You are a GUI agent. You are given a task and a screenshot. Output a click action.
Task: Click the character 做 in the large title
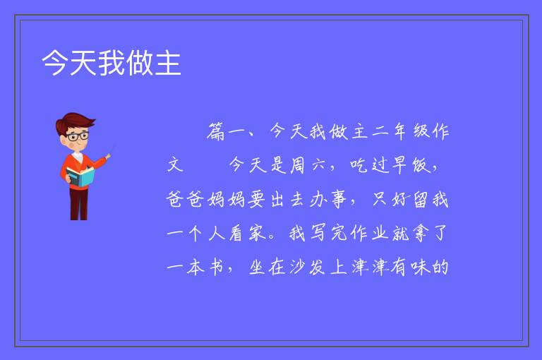click(x=140, y=64)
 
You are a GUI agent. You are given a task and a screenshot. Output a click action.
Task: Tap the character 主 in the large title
click(x=168, y=64)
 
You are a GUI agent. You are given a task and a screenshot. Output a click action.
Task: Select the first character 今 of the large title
click(x=54, y=64)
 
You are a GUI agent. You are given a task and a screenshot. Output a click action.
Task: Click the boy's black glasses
click(x=78, y=136)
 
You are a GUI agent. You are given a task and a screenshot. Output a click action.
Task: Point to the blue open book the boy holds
click(x=80, y=176)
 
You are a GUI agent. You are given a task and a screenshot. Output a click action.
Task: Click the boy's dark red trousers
click(x=78, y=203)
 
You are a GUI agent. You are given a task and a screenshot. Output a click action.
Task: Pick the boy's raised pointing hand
click(x=108, y=157)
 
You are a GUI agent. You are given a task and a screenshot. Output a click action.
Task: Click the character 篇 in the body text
click(x=216, y=132)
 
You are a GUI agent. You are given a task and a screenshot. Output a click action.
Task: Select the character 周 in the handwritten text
click(x=296, y=165)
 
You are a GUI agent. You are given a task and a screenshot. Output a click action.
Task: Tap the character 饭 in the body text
click(x=421, y=165)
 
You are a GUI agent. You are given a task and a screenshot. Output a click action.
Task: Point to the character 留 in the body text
click(x=420, y=200)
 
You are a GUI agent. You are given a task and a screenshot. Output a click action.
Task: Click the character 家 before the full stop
click(x=257, y=233)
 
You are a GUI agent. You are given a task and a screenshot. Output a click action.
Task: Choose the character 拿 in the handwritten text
click(x=421, y=233)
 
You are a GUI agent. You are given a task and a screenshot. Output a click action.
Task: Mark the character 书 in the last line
click(x=217, y=267)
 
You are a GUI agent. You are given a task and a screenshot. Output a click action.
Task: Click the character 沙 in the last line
click(x=297, y=267)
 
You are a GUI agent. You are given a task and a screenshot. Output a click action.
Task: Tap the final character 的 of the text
click(x=440, y=267)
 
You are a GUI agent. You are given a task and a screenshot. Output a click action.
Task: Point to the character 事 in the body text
click(x=338, y=200)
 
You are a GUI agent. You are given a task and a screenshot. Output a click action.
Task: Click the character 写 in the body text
click(x=318, y=233)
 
